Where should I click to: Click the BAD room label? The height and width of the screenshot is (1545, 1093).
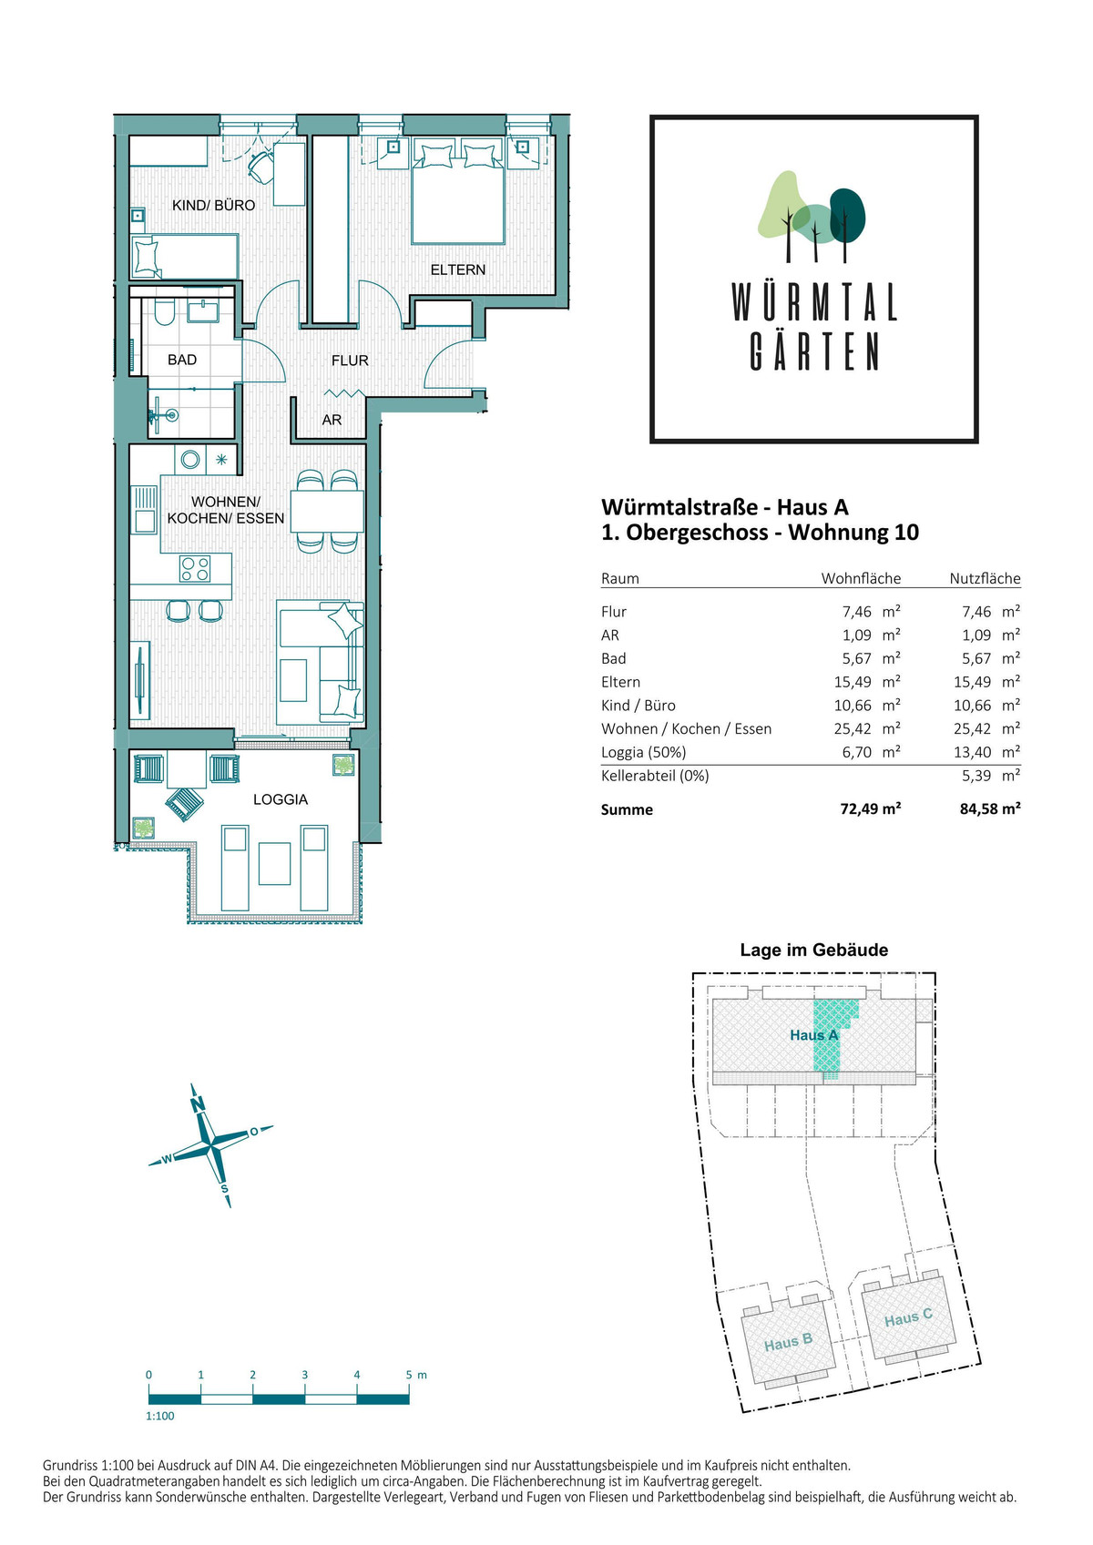182,360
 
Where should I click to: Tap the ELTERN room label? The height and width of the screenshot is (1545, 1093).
458,269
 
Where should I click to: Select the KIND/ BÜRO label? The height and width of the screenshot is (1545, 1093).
213,206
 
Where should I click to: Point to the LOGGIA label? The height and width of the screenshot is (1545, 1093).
281,799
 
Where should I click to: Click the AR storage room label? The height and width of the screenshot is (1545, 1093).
332,420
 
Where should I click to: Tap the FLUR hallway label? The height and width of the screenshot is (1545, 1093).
350,360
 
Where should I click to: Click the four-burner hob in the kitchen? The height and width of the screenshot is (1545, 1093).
195,569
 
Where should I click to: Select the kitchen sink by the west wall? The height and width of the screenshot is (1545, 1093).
144,510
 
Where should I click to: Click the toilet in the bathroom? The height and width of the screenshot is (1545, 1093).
164,311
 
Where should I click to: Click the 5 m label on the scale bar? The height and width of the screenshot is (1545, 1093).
416,1375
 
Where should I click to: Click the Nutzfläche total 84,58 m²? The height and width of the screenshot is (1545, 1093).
990,808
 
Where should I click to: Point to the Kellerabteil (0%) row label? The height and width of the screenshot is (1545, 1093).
655,776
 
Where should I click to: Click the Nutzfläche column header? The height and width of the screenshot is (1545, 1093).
985,578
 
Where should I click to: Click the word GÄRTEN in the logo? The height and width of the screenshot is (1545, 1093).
814,351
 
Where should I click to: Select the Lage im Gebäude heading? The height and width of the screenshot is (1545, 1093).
814,950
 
